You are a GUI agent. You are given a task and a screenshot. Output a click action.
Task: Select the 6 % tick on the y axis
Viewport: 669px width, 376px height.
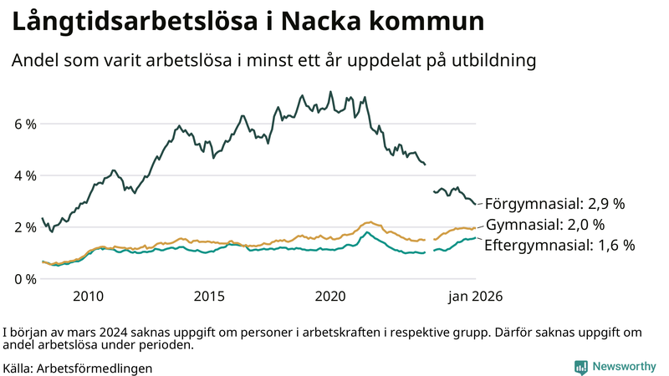click(24, 124)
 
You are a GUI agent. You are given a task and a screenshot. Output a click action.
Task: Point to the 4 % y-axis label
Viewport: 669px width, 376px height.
click(24, 176)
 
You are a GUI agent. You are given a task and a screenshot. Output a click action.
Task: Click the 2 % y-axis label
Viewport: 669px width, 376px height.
click(24, 227)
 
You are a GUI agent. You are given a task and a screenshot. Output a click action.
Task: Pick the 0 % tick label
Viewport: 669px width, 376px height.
click(24, 279)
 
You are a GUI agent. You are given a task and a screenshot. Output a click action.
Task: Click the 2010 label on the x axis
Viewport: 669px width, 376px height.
click(88, 296)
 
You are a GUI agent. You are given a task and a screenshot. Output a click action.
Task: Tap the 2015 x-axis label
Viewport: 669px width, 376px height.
click(209, 296)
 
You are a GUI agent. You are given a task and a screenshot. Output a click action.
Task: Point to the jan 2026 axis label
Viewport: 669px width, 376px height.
click(474, 296)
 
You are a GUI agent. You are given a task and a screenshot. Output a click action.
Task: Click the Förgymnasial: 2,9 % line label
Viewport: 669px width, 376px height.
click(555, 204)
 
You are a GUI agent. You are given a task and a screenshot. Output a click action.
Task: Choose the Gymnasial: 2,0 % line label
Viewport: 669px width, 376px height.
click(544, 225)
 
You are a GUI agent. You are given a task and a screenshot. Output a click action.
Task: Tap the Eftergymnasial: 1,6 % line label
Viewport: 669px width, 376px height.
click(559, 246)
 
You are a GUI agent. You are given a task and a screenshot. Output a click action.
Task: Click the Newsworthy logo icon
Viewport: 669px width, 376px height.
click(580, 367)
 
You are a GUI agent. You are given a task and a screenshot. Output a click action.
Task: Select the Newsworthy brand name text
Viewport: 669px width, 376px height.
click(624, 367)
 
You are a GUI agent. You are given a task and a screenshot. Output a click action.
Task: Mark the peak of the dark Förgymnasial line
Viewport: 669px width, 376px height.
click(330, 92)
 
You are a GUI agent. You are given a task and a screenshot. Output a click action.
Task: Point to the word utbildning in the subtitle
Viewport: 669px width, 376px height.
click(496, 61)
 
